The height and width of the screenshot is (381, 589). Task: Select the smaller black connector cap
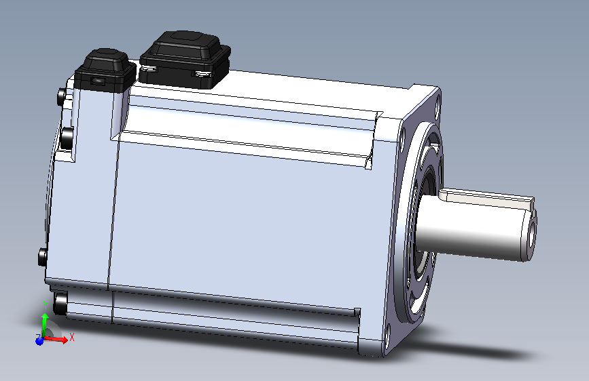(x=105, y=71)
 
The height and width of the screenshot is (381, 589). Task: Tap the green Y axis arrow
(x=45, y=323)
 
